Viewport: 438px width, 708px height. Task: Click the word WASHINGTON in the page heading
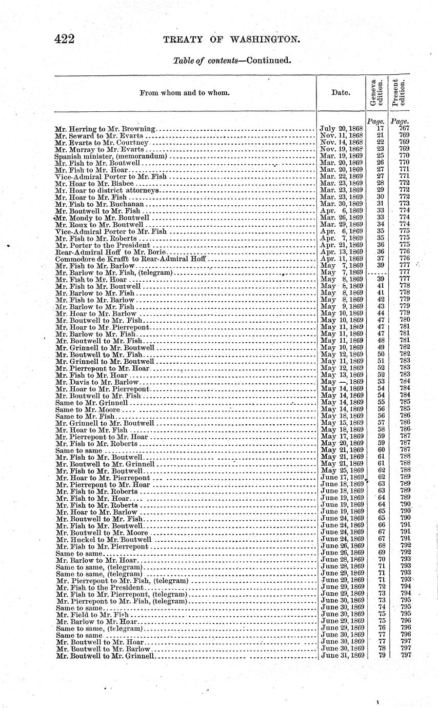click(264, 40)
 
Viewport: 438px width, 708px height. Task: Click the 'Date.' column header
click(341, 93)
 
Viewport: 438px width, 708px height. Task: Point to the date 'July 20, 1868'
click(341, 128)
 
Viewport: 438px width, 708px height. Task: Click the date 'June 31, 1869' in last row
click(342, 655)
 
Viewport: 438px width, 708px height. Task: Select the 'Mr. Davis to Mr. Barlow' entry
click(97, 382)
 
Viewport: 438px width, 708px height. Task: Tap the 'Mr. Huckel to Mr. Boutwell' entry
click(103, 539)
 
